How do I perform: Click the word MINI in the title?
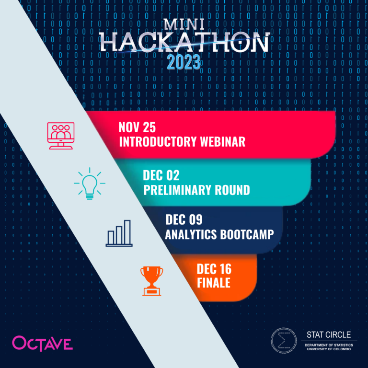point(184,25)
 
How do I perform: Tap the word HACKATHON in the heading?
point(184,44)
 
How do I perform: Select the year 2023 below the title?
point(184,62)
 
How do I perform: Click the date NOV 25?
point(137,128)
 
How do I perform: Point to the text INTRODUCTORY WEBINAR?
point(182,142)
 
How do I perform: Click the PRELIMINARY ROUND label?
point(196,190)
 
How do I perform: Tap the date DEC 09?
point(184,220)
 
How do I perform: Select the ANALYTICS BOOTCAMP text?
point(219,234)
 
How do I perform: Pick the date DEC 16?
point(214,268)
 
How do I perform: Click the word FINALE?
point(213,283)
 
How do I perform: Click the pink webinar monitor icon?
point(60,136)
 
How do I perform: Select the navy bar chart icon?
point(119,233)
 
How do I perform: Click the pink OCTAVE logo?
point(43,343)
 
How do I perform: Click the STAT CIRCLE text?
point(328,334)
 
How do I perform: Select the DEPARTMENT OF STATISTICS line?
point(328,345)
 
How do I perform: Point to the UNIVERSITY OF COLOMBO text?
point(328,349)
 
